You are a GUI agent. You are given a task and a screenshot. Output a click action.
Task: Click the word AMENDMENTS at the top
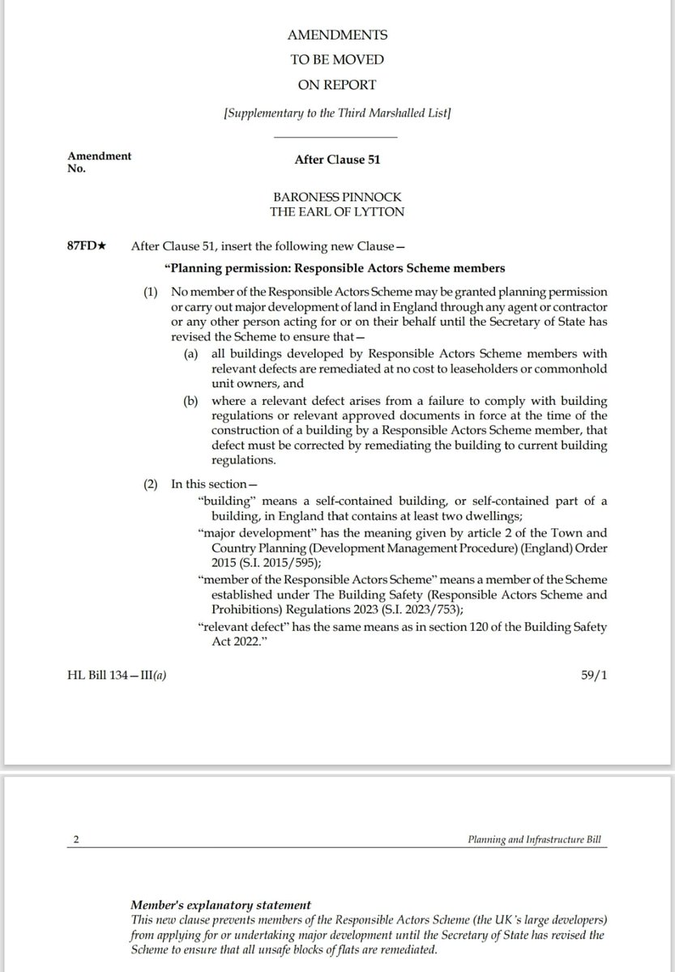tap(337, 36)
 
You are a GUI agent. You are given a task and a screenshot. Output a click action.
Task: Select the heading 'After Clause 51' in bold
tap(337, 160)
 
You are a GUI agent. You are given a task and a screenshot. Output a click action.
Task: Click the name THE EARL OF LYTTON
tap(337, 212)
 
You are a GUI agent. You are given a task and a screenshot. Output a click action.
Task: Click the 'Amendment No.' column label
tap(100, 161)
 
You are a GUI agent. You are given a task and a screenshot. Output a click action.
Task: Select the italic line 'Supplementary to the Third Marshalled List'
tap(337, 113)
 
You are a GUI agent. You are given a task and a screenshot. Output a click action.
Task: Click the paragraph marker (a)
tap(195, 354)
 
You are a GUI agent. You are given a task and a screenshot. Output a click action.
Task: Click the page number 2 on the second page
tap(76, 841)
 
